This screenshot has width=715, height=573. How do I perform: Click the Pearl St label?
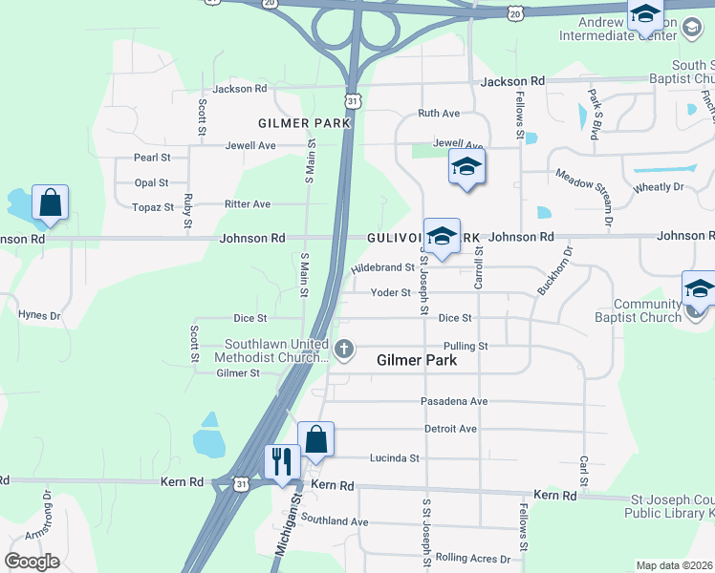pyautogui.click(x=152, y=157)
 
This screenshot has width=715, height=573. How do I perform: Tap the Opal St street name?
pyautogui.click(x=152, y=182)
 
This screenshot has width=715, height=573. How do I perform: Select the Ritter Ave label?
pyautogui.click(x=248, y=204)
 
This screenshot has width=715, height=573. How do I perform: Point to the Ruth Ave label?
pyautogui.click(x=439, y=114)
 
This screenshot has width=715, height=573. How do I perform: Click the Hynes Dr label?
pyautogui.click(x=39, y=314)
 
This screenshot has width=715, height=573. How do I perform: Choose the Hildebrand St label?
pyautogui.click(x=382, y=268)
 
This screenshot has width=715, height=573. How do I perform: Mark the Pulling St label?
pyautogui.click(x=466, y=346)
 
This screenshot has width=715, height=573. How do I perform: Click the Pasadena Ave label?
pyautogui.click(x=454, y=401)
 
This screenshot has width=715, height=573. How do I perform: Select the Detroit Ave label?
pyautogui.click(x=450, y=429)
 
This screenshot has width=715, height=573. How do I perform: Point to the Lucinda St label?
pyautogui.click(x=395, y=458)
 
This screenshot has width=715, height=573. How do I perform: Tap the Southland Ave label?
pyautogui.click(x=335, y=521)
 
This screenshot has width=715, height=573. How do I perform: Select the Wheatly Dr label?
pyautogui.click(x=659, y=187)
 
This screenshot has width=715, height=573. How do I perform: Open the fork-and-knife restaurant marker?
pyautogui.click(x=281, y=461)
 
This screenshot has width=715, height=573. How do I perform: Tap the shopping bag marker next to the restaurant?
pyautogui.click(x=316, y=439)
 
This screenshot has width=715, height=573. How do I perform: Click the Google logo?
pyautogui.click(x=32, y=562)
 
